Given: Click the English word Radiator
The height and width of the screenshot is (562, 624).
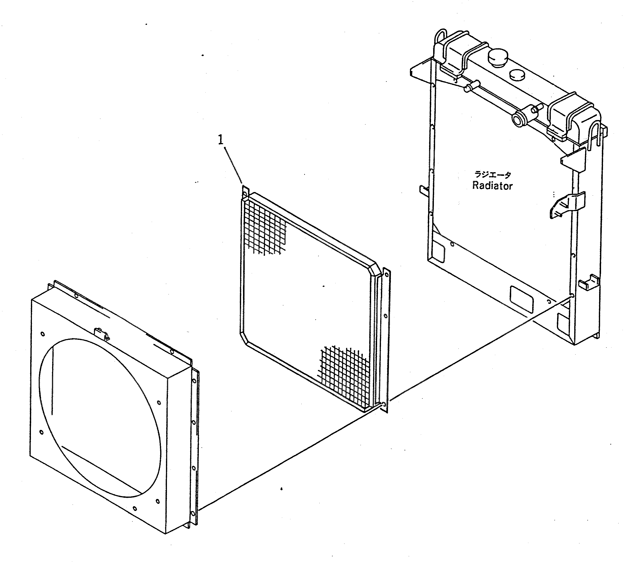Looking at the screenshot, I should tap(492, 186).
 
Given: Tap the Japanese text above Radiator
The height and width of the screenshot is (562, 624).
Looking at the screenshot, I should tap(493, 175).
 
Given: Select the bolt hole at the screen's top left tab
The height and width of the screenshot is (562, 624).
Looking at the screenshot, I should tap(245, 194).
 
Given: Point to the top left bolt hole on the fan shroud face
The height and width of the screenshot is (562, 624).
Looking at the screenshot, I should tap(43, 334).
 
